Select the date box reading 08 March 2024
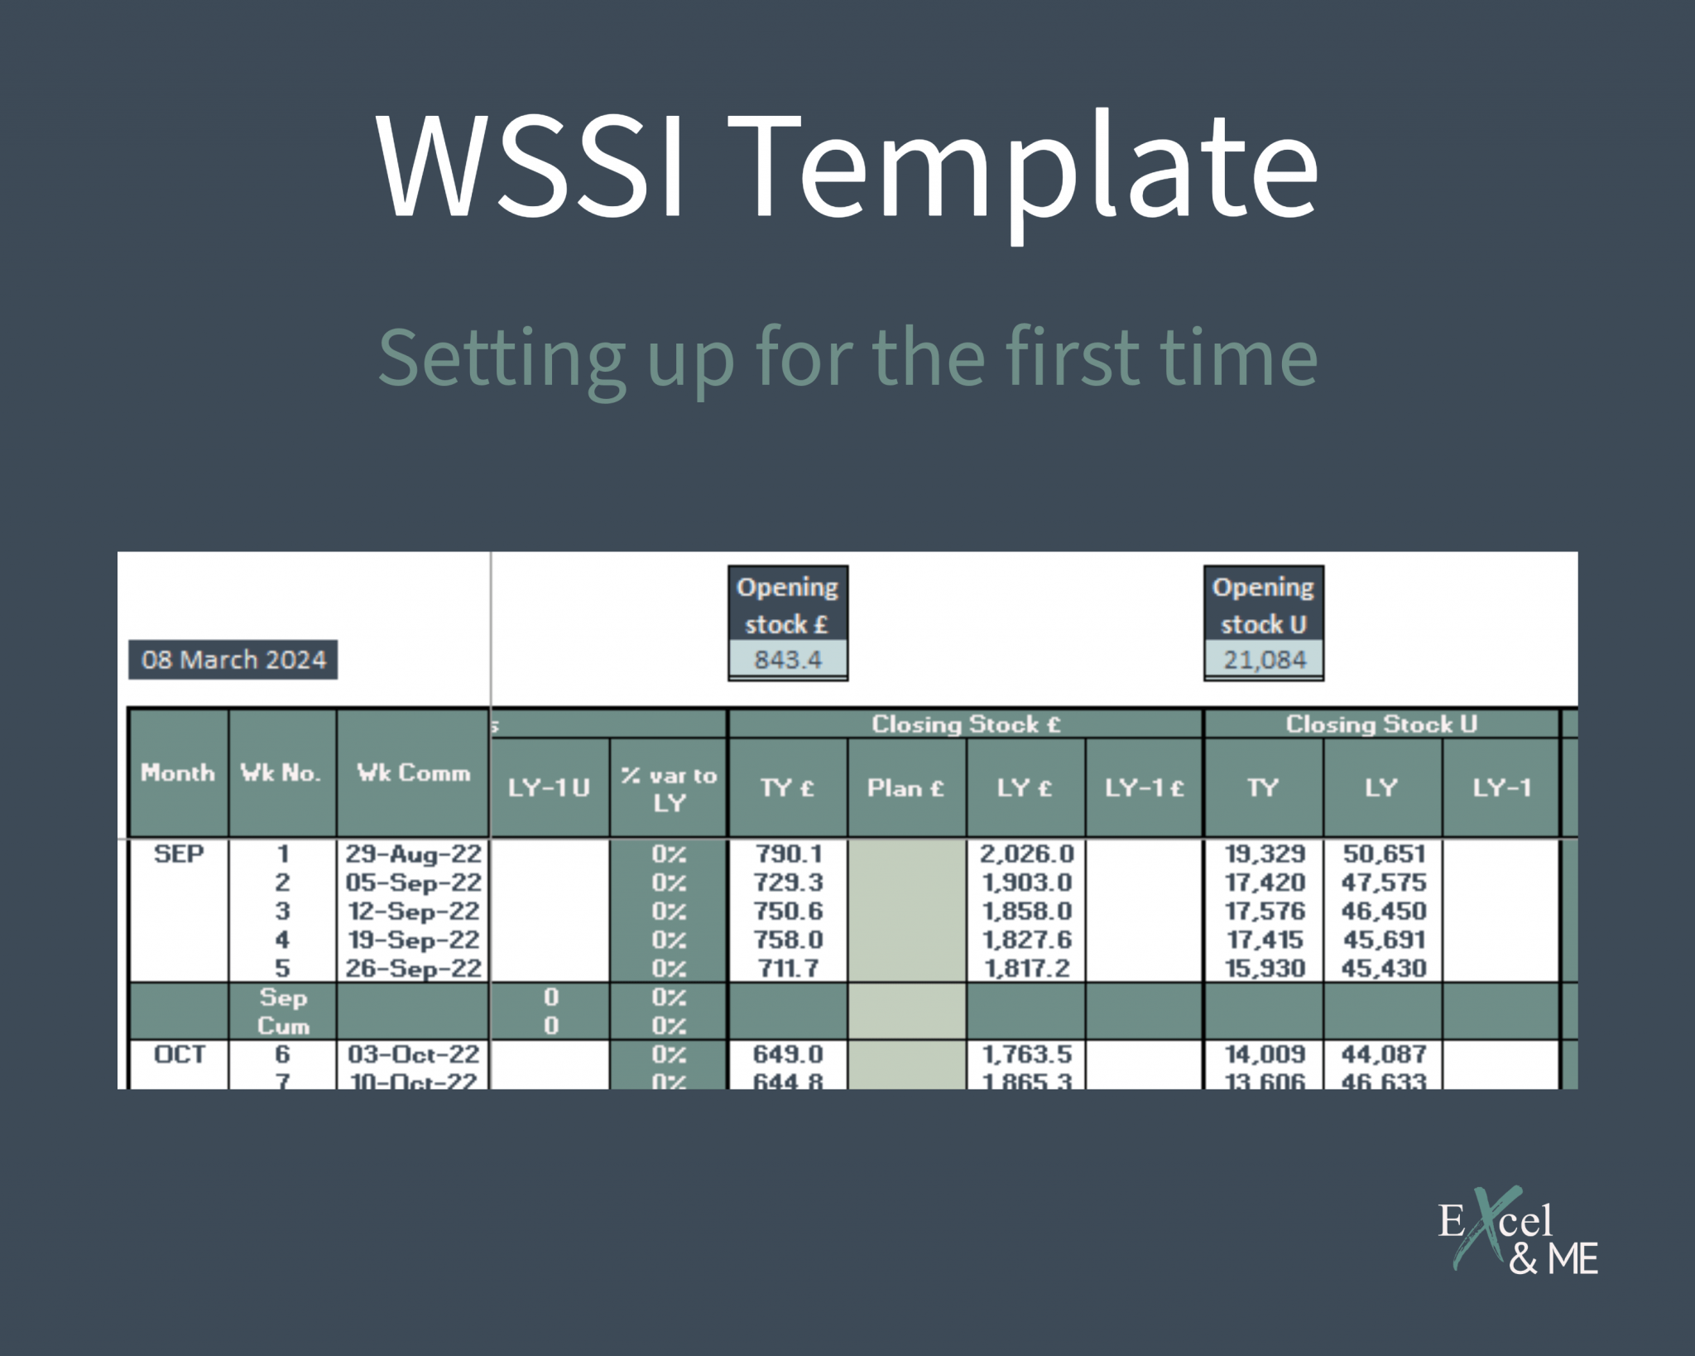pyautogui.click(x=233, y=660)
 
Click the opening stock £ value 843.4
pyautogui.click(x=788, y=660)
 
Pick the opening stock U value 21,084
pyautogui.click(x=1264, y=660)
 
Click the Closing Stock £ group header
pyautogui.click(x=965, y=724)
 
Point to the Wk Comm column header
pyautogui.click(x=413, y=772)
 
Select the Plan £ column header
pyautogui.click(x=905, y=787)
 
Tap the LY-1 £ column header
pyautogui.click(x=1144, y=787)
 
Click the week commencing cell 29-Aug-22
pyautogui.click(x=413, y=854)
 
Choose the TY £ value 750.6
pyautogui.click(x=788, y=911)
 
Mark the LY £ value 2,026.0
pyautogui.click(x=1026, y=854)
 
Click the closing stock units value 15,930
pyautogui.click(x=1264, y=968)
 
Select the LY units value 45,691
pyautogui.click(x=1383, y=940)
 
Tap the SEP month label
pyautogui.click(x=179, y=854)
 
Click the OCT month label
pyautogui.click(x=179, y=1054)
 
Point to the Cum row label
pyautogui.click(x=282, y=1026)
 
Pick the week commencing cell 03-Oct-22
pyautogui.click(x=413, y=1054)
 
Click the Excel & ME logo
pyautogui.click(x=1518, y=1231)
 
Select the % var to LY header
pyautogui.click(x=669, y=788)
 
